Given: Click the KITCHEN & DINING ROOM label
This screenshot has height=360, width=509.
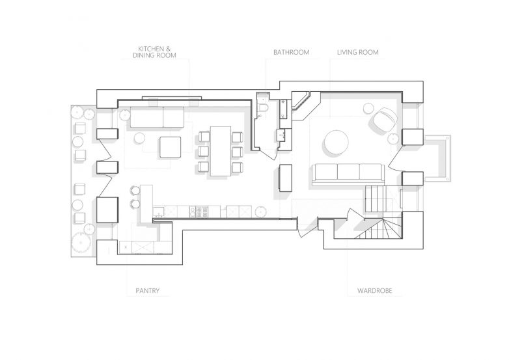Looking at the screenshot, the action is (154, 52).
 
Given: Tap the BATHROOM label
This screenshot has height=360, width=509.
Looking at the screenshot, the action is (291, 52).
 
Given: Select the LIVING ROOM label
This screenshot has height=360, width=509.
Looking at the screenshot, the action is (357, 52).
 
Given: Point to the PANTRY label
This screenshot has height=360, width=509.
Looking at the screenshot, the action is (147, 290).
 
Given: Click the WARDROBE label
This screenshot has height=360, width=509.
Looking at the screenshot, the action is (375, 290).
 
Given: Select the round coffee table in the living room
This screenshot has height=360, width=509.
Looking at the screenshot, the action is (336, 143).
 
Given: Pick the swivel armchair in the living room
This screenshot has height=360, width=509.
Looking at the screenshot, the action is (385, 119).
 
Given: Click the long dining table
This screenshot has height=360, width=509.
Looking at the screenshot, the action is (221, 151).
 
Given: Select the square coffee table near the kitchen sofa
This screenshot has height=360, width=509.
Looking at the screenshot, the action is (170, 147).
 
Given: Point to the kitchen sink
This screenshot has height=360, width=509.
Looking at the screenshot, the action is (159, 212).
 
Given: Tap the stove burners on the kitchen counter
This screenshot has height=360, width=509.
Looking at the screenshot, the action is (199, 212).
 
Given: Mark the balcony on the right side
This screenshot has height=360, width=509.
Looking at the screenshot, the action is (437, 158).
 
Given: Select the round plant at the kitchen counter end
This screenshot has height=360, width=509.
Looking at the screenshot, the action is (260, 212).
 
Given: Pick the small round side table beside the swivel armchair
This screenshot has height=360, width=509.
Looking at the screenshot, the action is (369, 108).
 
